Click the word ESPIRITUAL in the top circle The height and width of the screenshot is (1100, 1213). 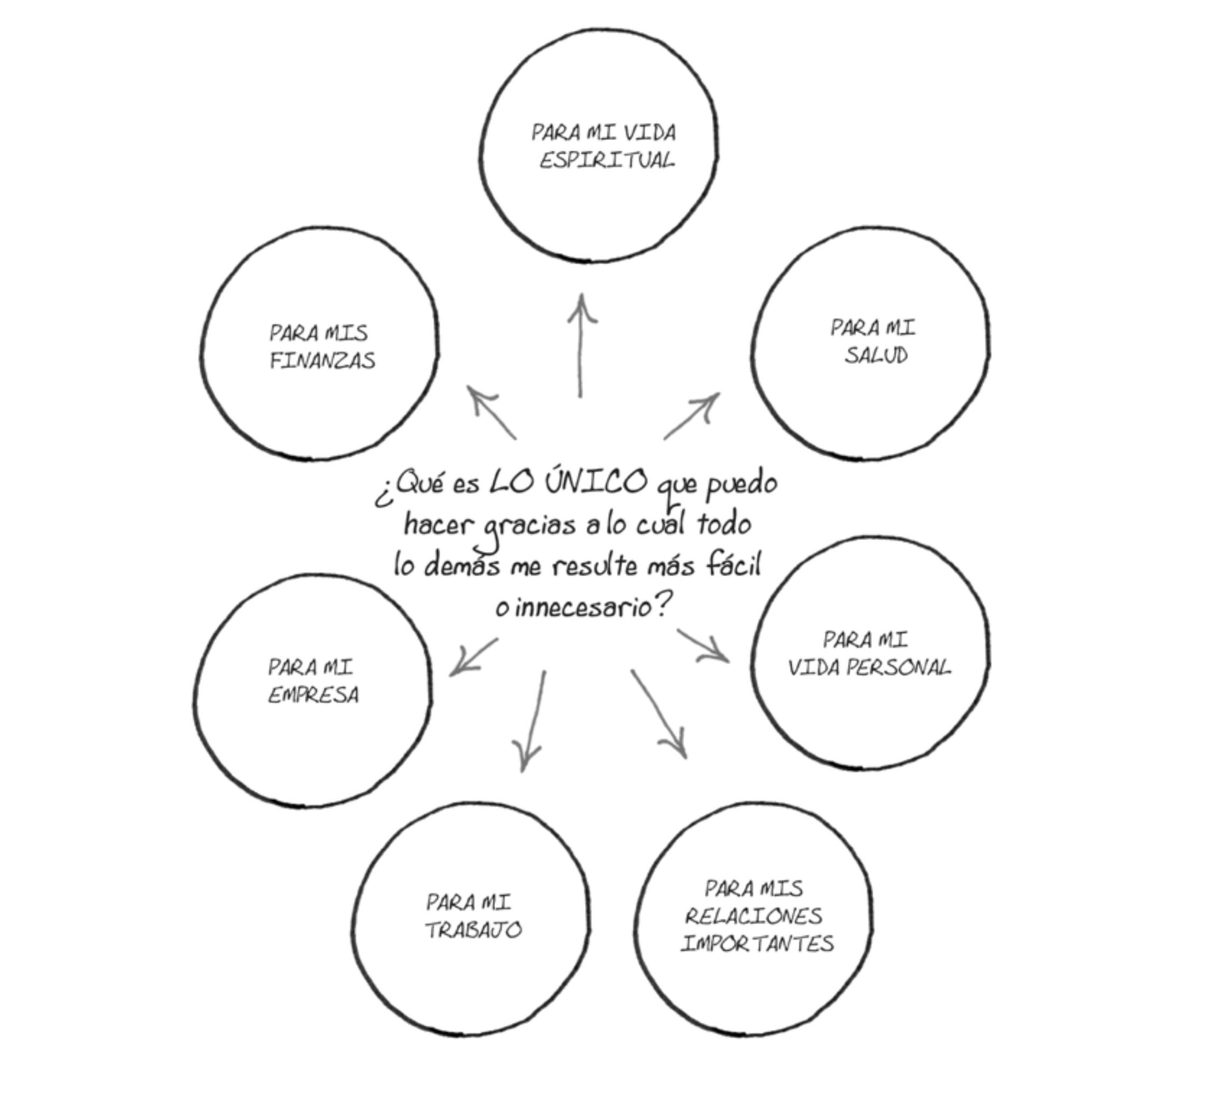click(x=606, y=161)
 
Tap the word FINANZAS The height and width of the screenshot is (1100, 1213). click(x=322, y=360)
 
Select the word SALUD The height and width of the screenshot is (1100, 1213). click(x=876, y=355)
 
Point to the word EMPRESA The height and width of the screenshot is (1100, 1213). click(x=313, y=695)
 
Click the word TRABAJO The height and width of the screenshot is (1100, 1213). click(x=473, y=930)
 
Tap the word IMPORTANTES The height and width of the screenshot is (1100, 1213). click(x=757, y=943)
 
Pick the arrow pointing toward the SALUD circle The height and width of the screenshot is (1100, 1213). click(x=692, y=416)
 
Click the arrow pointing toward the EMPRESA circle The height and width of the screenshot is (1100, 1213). click(x=474, y=657)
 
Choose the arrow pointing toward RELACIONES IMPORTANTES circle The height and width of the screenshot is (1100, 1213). click(x=659, y=713)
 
